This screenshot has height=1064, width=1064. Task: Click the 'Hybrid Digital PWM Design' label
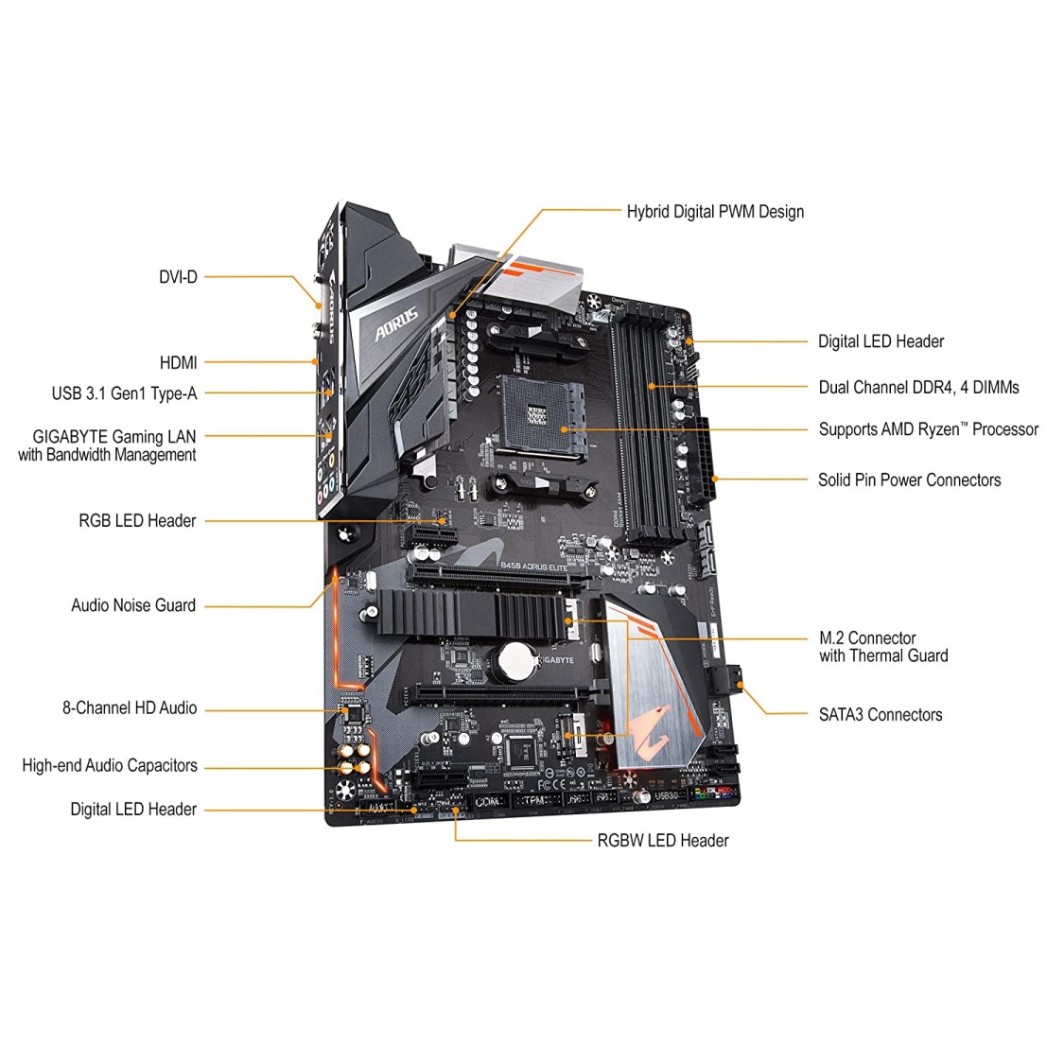[x=715, y=212]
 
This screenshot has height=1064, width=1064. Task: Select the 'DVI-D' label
[x=178, y=277]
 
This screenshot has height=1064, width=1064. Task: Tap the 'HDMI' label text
[x=178, y=362]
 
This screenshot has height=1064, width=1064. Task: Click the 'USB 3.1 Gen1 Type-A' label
[x=124, y=393]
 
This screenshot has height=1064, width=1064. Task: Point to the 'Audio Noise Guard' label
[x=133, y=605]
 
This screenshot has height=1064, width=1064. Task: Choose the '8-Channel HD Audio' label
[x=130, y=707]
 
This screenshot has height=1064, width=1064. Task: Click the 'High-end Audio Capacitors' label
[x=110, y=765]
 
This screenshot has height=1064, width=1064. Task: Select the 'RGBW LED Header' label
[x=662, y=841]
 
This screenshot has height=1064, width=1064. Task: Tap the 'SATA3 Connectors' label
[x=880, y=715]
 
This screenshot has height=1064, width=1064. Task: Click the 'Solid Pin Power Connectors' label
[x=909, y=480]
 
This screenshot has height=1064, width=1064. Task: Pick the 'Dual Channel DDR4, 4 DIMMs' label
[x=918, y=387]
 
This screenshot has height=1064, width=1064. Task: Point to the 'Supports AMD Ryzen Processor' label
[x=928, y=429]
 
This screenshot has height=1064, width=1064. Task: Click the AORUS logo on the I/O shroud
[x=396, y=326]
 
